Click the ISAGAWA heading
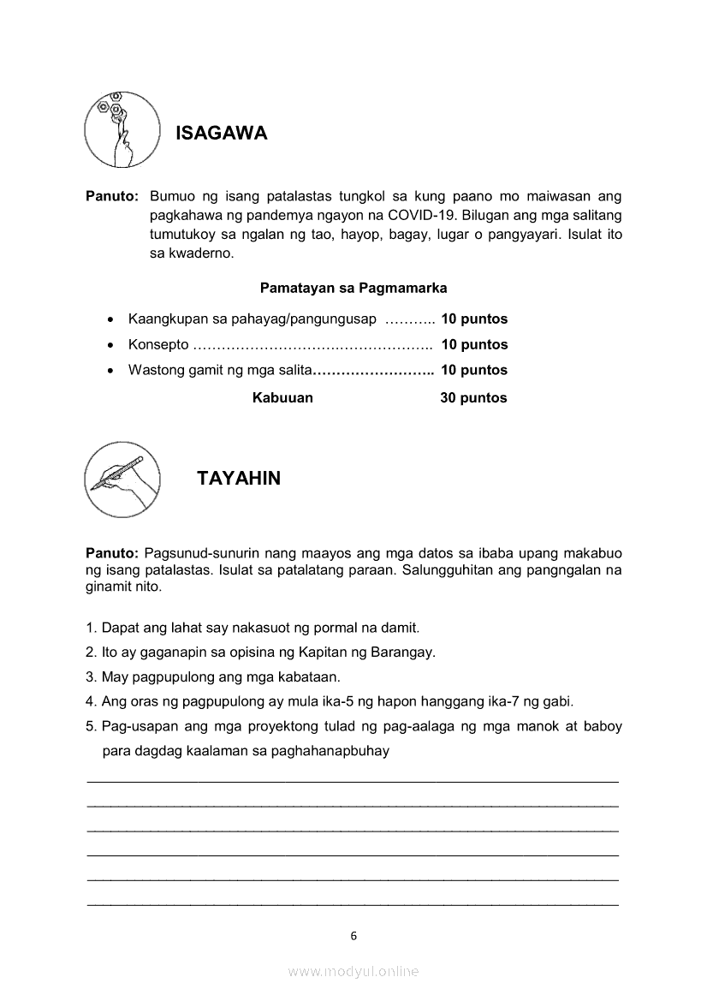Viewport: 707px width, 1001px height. [221, 134]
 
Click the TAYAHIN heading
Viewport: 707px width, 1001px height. [239, 479]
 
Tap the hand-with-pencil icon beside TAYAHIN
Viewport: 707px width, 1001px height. [123, 480]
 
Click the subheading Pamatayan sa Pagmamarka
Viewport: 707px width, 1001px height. [353, 288]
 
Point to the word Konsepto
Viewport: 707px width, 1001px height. [158, 345]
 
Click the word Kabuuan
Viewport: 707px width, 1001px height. [282, 398]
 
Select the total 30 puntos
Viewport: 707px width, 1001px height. [473, 398]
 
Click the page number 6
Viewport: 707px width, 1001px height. [353, 936]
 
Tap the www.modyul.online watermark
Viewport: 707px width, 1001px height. [353, 971]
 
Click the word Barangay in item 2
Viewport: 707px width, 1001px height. [403, 652]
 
